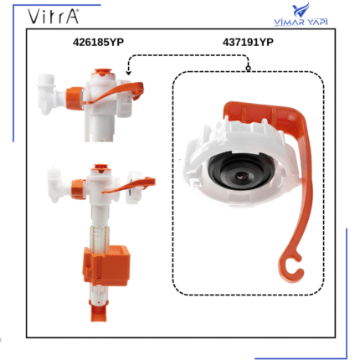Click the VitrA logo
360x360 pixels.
pyautogui.click(x=53, y=16)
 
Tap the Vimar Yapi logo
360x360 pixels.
pyautogui.click(x=301, y=15)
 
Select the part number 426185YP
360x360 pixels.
pyautogui.click(x=98, y=42)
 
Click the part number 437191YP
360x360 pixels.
pyautogui.click(x=248, y=42)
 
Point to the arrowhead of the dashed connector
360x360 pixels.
pyautogui.click(x=128, y=72)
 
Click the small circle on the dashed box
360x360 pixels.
pyautogui.click(x=248, y=68)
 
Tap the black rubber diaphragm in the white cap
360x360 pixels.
pyautogui.click(x=239, y=171)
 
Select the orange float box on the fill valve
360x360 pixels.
pyautogui.click(x=106, y=265)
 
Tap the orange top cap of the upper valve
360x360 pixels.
pyautogui.click(x=103, y=73)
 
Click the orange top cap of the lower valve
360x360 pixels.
pyautogui.click(x=100, y=168)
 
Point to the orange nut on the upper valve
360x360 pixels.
pyautogui.click(x=75, y=98)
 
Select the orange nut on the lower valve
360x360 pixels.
pyautogui.click(x=79, y=189)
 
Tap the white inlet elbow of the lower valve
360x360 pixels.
pyautogui.click(x=59, y=184)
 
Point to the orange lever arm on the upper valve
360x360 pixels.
pyautogui.click(x=116, y=91)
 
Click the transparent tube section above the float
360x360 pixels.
pyautogui.click(x=99, y=237)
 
